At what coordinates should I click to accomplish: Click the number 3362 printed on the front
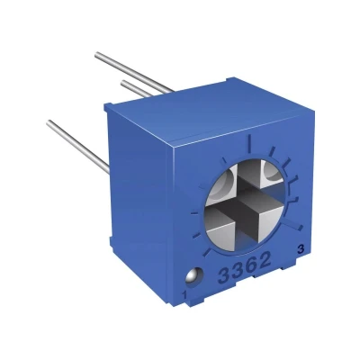pos(246,266)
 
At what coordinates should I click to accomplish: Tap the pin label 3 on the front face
pos(301,249)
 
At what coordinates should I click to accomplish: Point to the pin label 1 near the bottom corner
pos(184,295)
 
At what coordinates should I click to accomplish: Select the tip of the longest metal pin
pos(97,55)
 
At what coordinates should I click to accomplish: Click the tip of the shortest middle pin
pos(123,83)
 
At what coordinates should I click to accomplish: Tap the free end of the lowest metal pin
pos(49,123)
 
